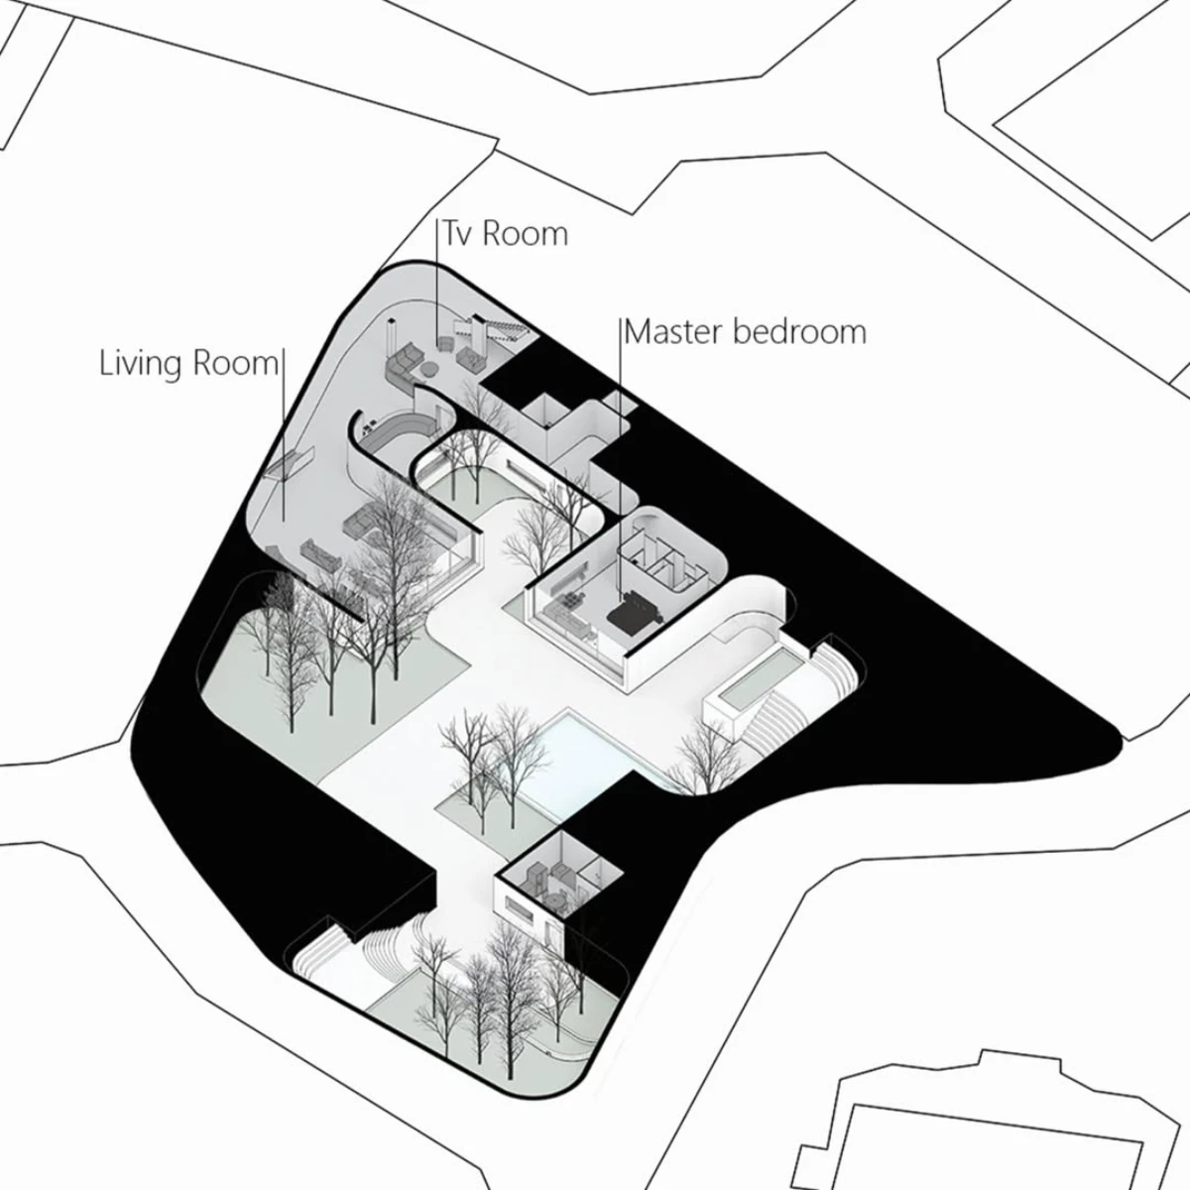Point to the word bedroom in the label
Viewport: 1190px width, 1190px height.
pyautogui.click(x=799, y=331)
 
